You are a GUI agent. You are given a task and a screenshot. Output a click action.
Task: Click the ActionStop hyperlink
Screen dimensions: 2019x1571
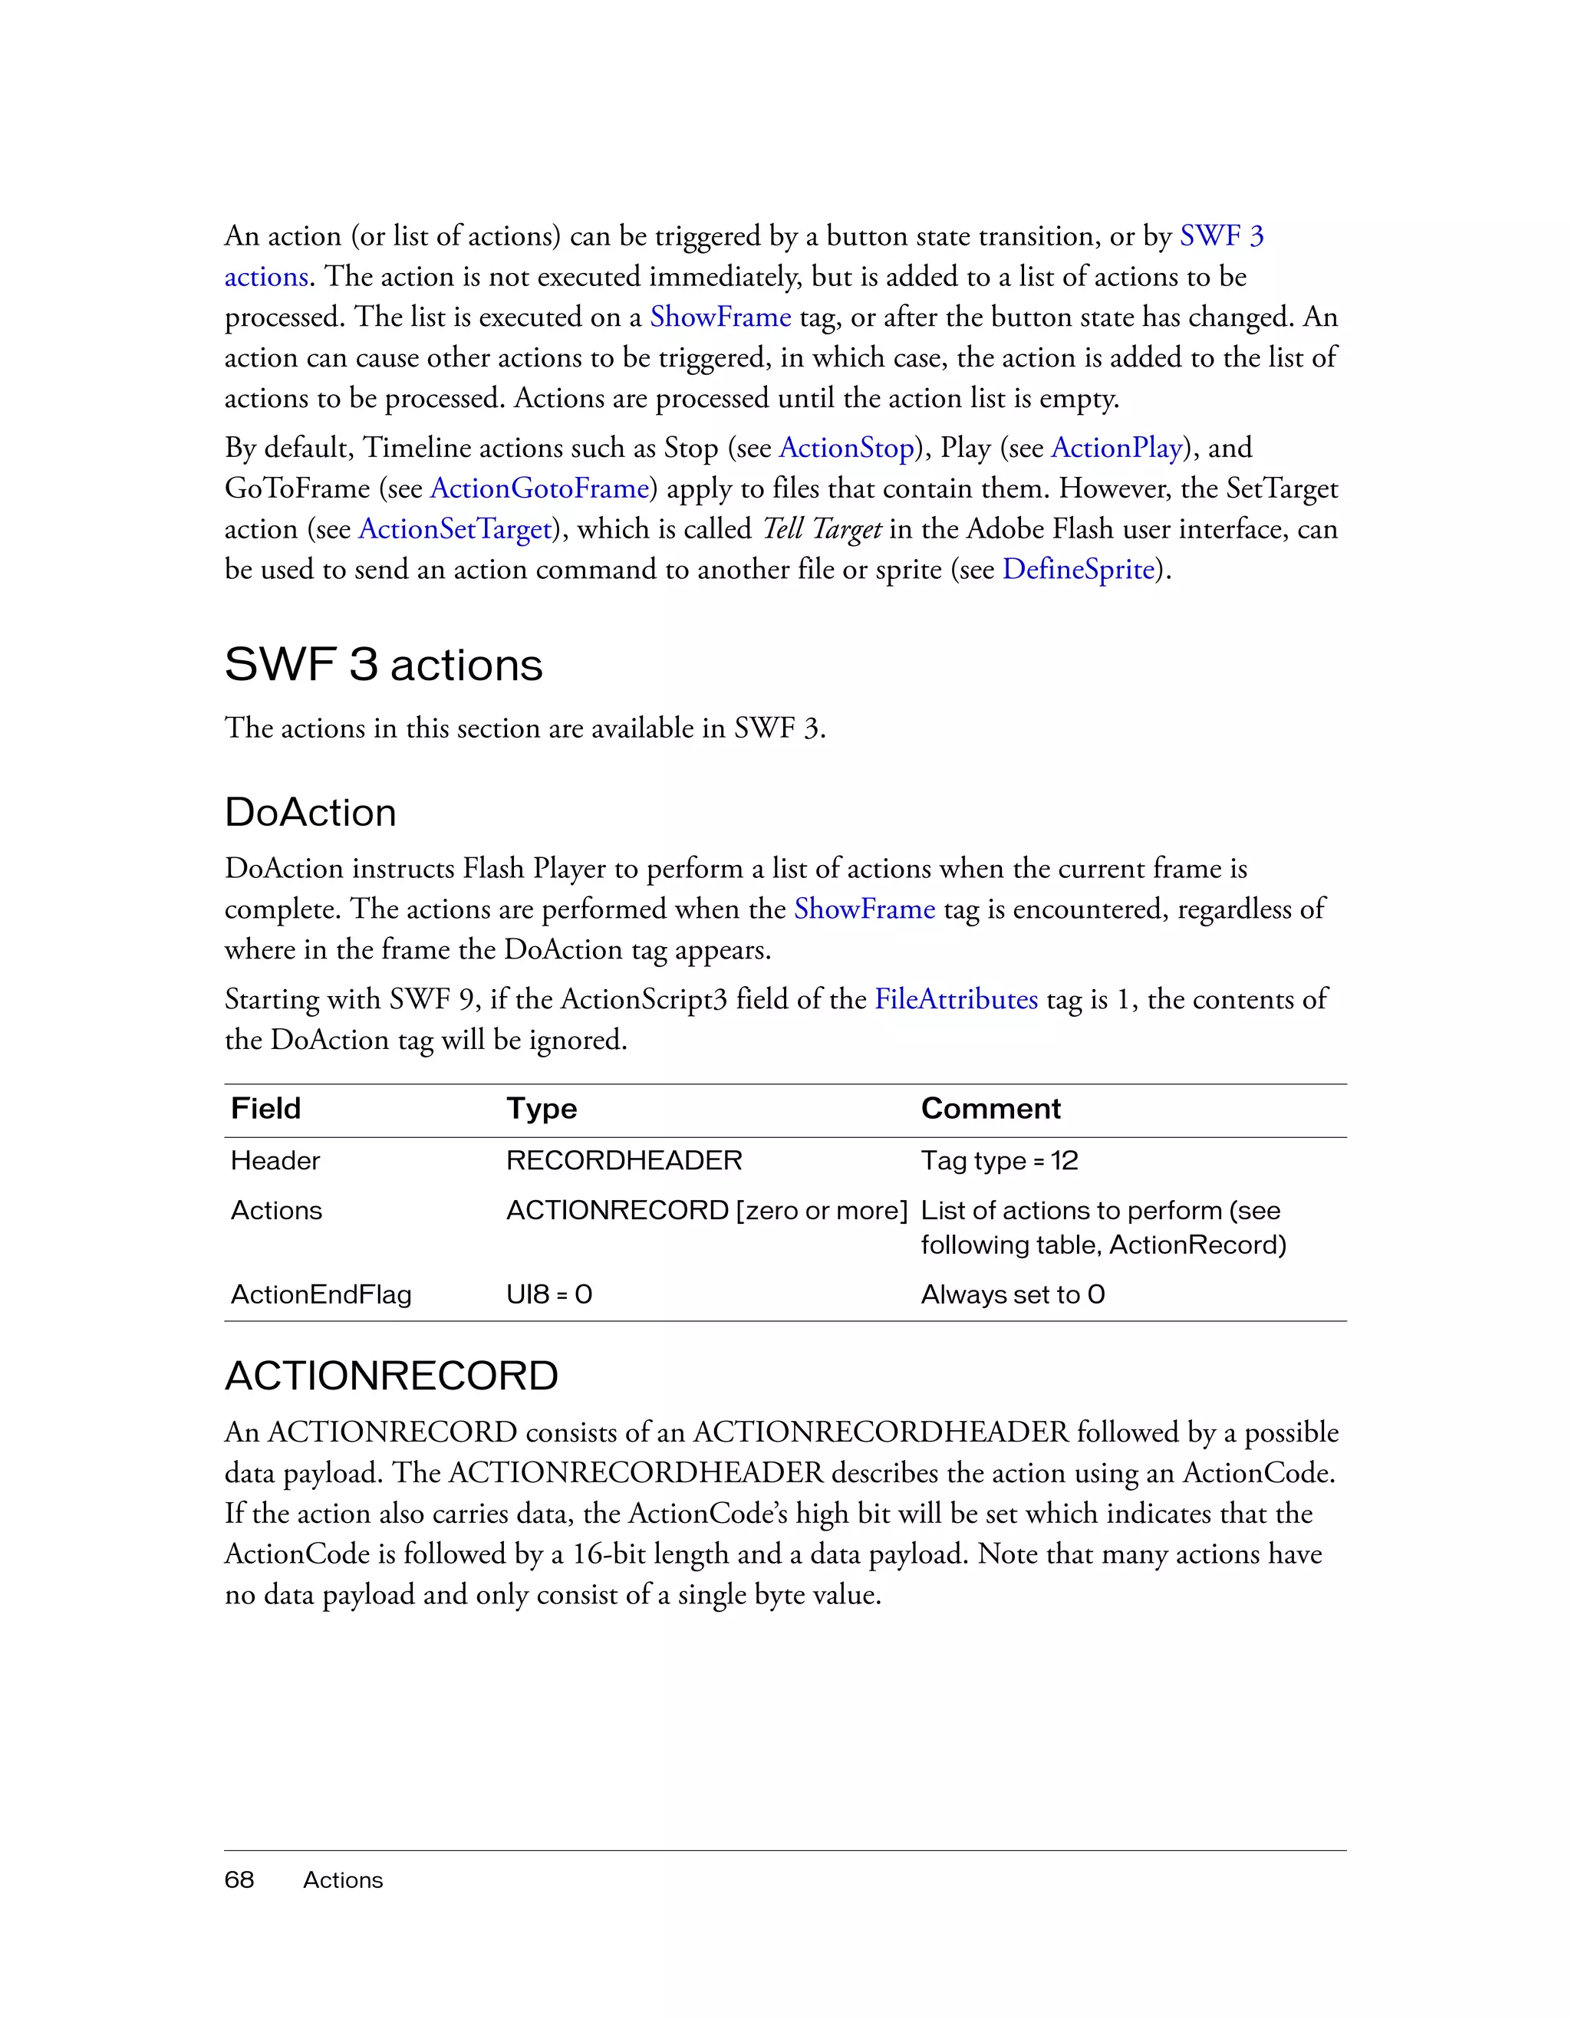846,449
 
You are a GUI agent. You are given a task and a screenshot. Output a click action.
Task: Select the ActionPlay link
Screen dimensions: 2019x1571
1117,449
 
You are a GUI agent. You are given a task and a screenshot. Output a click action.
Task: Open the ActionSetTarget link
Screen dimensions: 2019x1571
455,530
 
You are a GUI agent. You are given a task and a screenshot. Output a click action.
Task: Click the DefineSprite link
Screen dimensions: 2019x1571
1079,570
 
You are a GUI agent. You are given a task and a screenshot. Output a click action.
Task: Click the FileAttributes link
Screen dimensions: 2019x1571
956,999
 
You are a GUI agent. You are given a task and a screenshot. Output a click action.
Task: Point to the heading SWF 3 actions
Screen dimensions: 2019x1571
383,665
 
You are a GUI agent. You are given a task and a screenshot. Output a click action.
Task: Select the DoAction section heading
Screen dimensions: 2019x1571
310,813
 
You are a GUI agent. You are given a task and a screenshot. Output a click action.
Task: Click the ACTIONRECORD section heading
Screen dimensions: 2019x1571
391,1376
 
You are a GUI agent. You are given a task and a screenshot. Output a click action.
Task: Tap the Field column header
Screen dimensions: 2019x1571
265,1108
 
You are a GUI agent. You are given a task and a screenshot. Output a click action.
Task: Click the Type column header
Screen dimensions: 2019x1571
541,1108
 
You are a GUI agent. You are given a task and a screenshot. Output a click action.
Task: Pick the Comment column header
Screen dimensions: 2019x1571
990,1108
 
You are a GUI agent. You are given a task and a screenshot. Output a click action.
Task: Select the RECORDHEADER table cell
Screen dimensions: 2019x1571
624,1161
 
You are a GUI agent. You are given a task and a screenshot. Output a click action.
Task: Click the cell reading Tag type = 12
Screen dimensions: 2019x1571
999,1161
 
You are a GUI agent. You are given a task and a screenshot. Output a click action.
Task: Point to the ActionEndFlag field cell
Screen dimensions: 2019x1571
321,1294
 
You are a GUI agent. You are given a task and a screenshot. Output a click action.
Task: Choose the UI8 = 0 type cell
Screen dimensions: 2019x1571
549,1294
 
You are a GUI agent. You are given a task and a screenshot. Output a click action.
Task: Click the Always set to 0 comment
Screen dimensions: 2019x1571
1013,1294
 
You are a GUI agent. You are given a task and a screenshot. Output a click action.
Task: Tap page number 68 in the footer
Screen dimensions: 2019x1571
239,1880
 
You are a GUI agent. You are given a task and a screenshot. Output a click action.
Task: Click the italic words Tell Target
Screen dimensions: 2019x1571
821,530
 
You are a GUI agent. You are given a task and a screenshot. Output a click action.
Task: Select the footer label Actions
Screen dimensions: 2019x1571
343,1880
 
